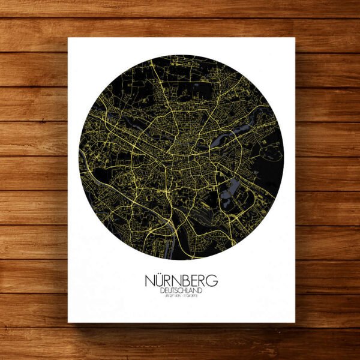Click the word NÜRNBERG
coord(181,280)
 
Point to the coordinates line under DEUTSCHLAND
coord(181,298)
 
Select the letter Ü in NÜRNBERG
coord(161,280)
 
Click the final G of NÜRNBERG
coord(212,280)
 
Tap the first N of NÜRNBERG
coord(150,280)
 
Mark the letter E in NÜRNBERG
coord(194,280)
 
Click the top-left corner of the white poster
coord(68,38)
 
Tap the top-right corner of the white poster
coord(295,38)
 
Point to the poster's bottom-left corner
coord(68,322)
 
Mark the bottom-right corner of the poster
coord(295,322)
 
